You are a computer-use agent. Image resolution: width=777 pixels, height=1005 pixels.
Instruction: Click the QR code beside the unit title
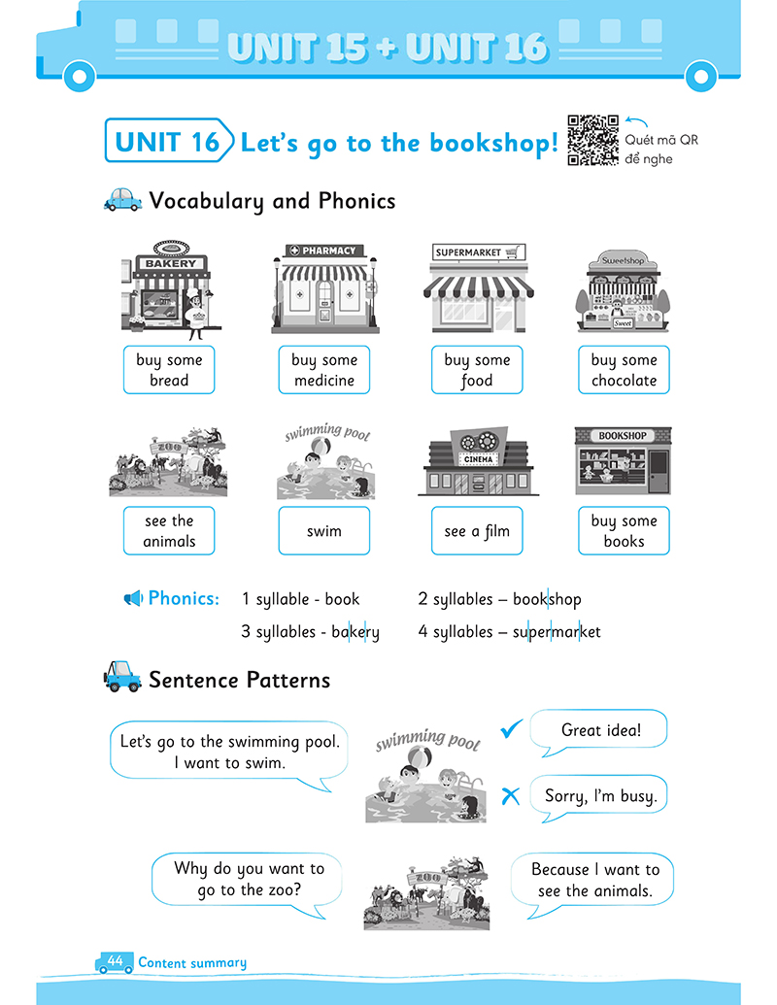pyautogui.click(x=593, y=141)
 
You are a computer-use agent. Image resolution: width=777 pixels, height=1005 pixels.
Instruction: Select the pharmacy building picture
pyautogui.click(x=325, y=288)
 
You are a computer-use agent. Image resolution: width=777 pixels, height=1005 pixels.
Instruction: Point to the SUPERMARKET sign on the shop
pyautogui.click(x=479, y=252)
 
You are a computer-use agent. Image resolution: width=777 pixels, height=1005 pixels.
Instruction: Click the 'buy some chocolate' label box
pyautogui.click(x=624, y=370)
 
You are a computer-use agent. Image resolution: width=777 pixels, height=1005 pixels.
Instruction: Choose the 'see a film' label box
pyautogui.click(x=477, y=531)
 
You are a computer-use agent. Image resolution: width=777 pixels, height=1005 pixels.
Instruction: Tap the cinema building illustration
pyautogui.click(x=478, y=461)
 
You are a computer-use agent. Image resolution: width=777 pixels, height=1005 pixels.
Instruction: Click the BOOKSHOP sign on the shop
pyautogui.click(x=623, y=436)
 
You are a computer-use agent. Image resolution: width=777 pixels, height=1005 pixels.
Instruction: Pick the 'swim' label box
pyautogui.click(x=324, y=531)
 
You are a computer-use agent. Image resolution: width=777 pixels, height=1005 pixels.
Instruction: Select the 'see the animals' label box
pyautogui.click(x=169, y=531)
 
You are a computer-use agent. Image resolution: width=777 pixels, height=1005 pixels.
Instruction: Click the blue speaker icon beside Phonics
pyautogui.click(x=133, y=599)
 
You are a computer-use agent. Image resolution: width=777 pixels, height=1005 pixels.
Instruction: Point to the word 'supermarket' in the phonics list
pyautogui.click(x=557, y=632)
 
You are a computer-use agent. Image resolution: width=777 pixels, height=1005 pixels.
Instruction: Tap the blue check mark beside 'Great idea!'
pyautogui.click(x=512, y=728)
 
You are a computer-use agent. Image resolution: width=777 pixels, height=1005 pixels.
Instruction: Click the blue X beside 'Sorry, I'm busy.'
pyautogui.click(x=510, y=796)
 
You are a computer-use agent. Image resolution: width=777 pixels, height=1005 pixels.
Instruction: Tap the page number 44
pyautogui.click(x=115, y=960)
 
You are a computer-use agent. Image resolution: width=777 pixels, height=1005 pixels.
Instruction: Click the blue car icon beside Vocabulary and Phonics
pyautogui.click(x=122, y=200)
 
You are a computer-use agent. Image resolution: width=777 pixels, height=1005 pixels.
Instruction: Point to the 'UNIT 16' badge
pyautogui.click(x=169, y=141)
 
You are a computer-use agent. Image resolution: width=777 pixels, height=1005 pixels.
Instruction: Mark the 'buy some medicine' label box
pyautogui.click(x=324, y=370)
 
